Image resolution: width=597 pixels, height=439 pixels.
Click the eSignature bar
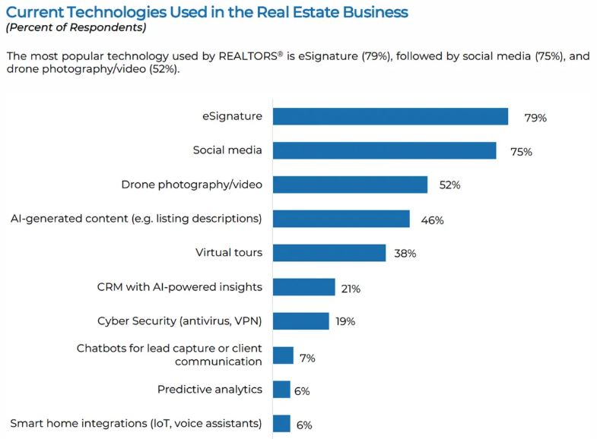[390, 116]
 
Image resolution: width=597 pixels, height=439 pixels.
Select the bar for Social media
[384, 150]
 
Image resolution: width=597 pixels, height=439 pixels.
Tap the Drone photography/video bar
[350, 185]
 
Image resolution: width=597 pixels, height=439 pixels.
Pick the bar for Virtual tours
[329, 253]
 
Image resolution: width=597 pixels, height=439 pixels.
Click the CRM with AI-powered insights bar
[303, 287]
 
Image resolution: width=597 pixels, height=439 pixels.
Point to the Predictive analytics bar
[281, 390]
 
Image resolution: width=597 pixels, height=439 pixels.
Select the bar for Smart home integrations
[281, 424]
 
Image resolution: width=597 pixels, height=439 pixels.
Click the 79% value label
[535, 118]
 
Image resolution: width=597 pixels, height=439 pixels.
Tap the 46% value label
[432, 220]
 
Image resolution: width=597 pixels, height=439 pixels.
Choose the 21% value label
[350, 289]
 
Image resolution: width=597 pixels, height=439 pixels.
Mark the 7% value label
[308, 357]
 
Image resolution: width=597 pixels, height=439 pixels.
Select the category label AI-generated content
[136, 219]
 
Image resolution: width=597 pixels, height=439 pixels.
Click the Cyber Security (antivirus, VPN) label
[179, 321]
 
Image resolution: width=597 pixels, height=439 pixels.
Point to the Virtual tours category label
[228, 253]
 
